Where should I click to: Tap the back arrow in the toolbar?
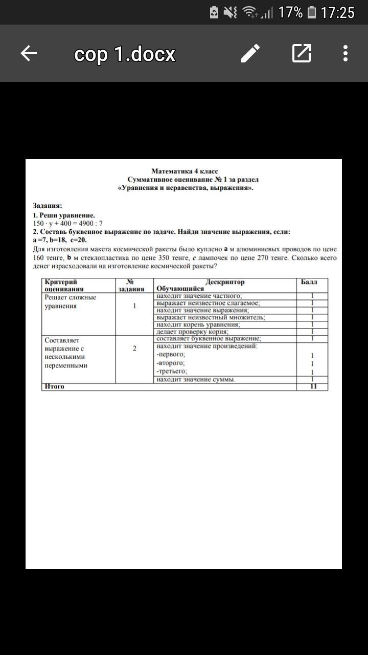pos(29,53)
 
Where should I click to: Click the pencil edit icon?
pos(250,53)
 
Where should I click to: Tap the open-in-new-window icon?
pos(302,53)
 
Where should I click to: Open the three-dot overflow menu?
pos(346,53)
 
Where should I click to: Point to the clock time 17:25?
pos(337,12)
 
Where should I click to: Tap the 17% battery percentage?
pos(290,12)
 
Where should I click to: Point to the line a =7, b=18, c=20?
pos(60,239)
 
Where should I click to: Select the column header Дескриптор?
pos(225,282)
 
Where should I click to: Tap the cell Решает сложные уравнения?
pos(70,301)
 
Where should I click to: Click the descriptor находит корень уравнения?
pos(198,324)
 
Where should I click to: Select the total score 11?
pos(313,386)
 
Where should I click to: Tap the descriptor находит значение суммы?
pos(196,379)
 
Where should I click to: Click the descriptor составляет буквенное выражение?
pos(209,339)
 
